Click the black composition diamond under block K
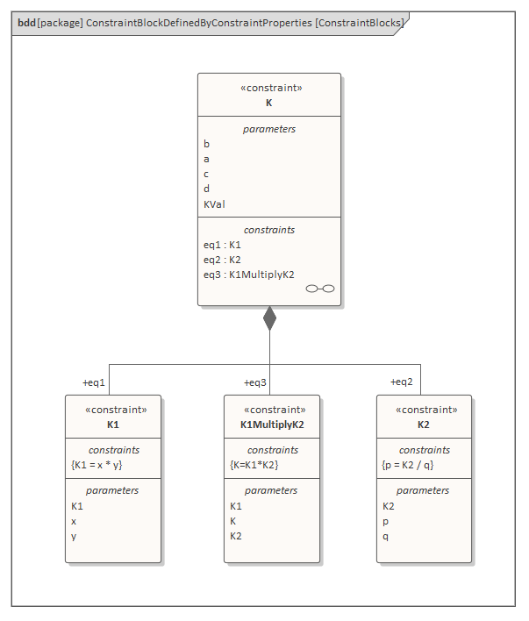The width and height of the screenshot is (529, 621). pos(269,318)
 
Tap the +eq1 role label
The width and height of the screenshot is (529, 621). pos(94,382)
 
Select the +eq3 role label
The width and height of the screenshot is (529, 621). pos(255,382)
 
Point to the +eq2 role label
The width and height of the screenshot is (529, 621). pos(402,382)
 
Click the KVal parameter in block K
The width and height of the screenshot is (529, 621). pos(214,203)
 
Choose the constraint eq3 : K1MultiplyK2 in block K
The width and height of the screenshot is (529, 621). pos(248,275)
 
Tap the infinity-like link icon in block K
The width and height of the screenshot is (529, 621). pos(319,289)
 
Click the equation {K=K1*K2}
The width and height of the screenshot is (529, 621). pos(254,465)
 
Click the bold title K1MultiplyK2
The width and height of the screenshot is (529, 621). pos(272,425)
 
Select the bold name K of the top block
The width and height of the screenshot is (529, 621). pos(269,103)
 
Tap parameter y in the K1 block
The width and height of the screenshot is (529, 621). pos(74,536)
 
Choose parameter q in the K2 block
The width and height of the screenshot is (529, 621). pos(385,536)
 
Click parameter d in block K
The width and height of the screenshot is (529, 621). pos(207,189)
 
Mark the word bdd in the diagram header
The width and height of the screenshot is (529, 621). pos(26,22)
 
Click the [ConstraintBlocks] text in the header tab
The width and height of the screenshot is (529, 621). pos(360,22)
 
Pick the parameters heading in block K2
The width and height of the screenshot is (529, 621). pos(423,490)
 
